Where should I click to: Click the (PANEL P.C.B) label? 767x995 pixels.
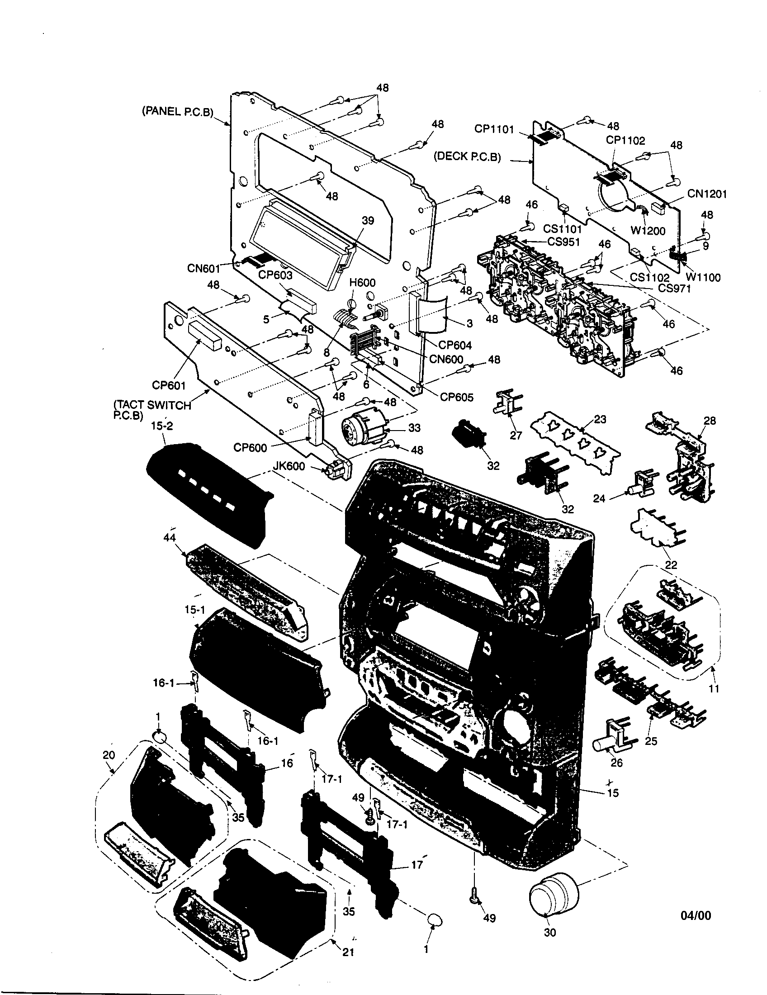click(178, 112)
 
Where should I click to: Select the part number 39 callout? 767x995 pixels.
click(368, 221)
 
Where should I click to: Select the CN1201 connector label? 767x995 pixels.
click(707, 194)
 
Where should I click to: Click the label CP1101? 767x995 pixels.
click(494, 129)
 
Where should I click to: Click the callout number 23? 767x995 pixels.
click(600, 419)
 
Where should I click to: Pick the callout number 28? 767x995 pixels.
click(710, 421)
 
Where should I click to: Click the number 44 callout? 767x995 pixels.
click(170, 538)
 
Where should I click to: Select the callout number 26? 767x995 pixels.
click(616, 763)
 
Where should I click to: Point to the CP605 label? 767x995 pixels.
click(456, 397)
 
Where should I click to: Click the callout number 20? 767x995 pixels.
click(109, 755)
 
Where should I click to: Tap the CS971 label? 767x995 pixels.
click(674, 288)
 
